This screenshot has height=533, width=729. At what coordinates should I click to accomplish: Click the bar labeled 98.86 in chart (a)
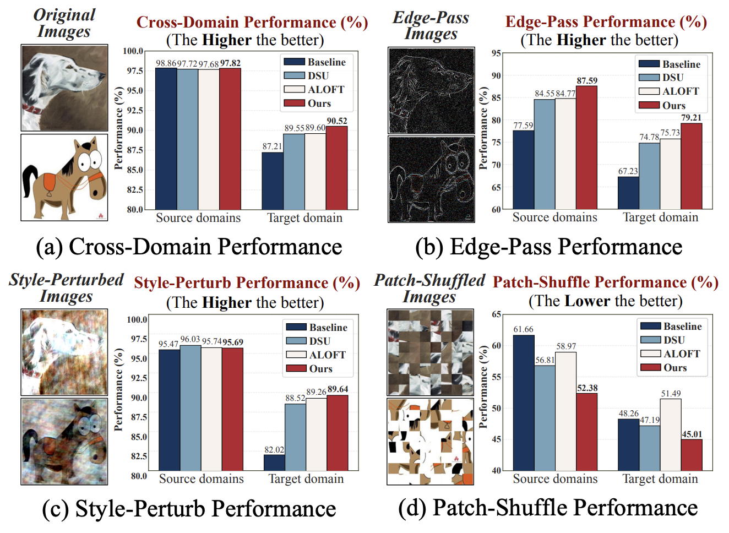[x=166, y=138]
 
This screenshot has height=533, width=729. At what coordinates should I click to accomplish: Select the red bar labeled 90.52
[x=336, y=168]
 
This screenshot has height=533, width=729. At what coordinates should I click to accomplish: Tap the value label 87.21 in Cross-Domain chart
[x=272, y=146]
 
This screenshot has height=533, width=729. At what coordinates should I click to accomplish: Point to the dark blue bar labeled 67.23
[x=628, y=193]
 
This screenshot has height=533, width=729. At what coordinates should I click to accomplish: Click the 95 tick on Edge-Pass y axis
[x=496, y=53]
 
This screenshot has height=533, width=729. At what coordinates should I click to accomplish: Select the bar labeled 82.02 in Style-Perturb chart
[x=274, y=463]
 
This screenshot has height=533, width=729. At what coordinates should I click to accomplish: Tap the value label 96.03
[x=190, y=340]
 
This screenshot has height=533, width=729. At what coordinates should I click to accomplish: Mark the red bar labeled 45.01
[x=692, y=455]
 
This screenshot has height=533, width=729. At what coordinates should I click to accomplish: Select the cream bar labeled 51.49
[x=671, y=434]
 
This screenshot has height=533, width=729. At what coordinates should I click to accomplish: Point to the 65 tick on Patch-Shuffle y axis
[x=496, y=314]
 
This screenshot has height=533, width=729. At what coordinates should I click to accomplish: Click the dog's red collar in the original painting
[x=32, y=108]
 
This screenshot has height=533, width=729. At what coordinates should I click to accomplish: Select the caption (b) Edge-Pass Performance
[x=548, y=247]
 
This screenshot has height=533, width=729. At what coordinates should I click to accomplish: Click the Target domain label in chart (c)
[x=306, y=479]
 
